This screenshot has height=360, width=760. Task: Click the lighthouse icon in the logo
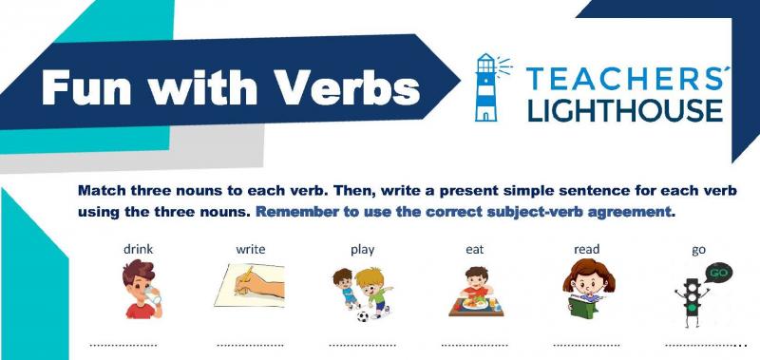[486, 86]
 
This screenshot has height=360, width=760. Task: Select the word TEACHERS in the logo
[624, 79]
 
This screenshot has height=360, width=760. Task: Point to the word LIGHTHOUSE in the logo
[625, 109]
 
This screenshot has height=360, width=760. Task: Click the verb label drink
[138, 249]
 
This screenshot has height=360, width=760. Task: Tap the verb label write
[251, 249]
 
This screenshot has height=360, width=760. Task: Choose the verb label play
[363, 250]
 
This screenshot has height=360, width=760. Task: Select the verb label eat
[474, 250]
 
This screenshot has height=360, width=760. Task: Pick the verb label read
[586, 249]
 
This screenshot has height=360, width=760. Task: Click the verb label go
[698, 251]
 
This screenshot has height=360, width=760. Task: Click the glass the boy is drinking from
[153, 295]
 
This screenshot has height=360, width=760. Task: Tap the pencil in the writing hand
[245, 279]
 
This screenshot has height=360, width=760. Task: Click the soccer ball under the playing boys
[363, 316]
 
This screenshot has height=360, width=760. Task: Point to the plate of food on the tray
[475, 303]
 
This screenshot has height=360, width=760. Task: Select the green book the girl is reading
[584, 306]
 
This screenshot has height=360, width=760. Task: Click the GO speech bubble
[718, 274]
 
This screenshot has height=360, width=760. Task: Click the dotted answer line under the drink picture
[123, 346]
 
